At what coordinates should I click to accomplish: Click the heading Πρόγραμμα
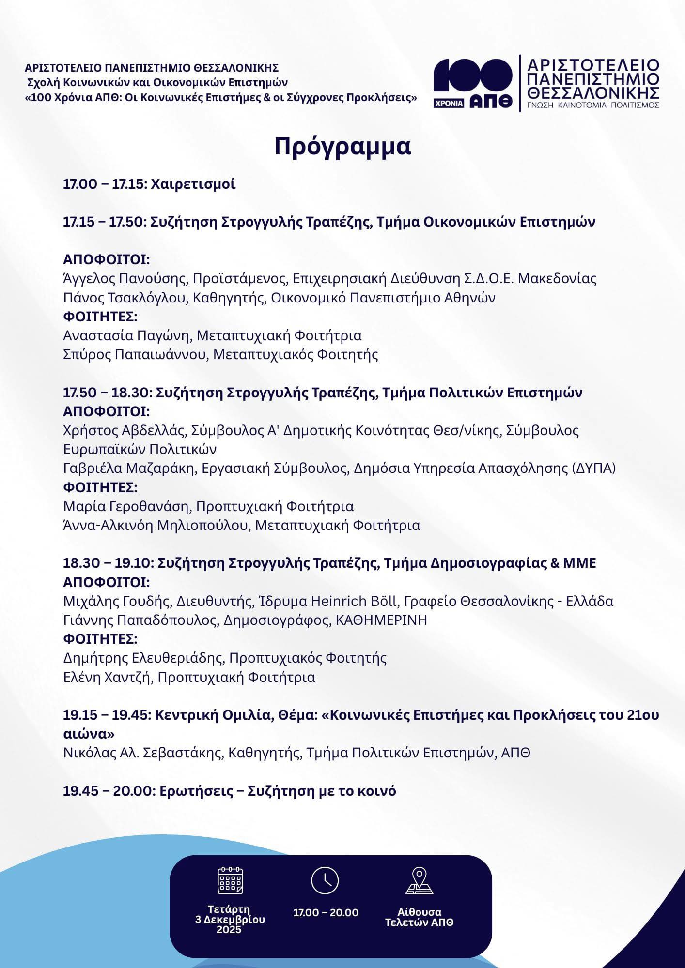(342, 146)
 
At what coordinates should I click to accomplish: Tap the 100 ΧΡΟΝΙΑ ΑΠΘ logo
(473, 83)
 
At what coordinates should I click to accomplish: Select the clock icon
(325, 880)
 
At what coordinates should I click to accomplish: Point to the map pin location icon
(419, 880)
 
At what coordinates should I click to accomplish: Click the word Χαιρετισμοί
(193, 184)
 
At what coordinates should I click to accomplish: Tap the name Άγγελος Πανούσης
(125, 279)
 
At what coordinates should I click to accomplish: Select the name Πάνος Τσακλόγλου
(125, 298)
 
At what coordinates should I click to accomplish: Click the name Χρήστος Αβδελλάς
(124, 430)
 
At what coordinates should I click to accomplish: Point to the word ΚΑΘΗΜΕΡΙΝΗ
(381, 620)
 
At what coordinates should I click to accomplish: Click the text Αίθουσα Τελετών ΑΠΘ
(419, 917)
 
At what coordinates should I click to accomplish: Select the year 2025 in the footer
(229, 929)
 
